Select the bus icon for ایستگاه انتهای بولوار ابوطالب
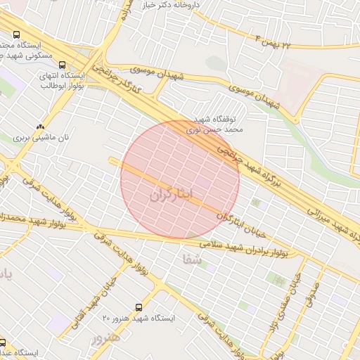click(63, 65)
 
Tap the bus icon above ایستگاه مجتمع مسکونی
click(17, 34)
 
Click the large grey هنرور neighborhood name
click(105, 337)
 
